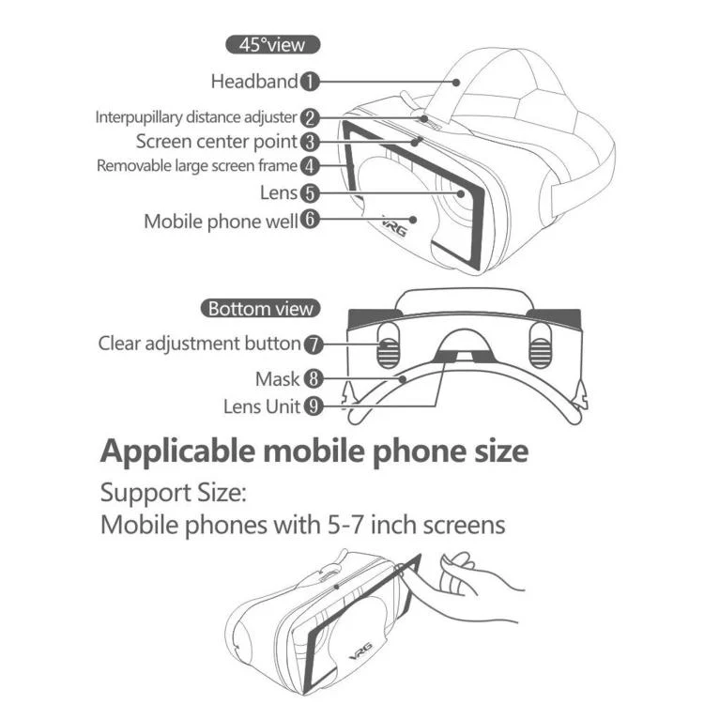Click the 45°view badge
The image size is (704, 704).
(x=272, y=44)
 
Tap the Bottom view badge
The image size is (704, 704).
(x=260, y=309)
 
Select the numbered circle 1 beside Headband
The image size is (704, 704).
(x=310, y=82)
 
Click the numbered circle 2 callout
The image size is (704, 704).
(x=310, y=118)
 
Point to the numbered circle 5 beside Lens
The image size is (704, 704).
(x=310, y=193)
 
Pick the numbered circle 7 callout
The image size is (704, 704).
(x=314, y=344)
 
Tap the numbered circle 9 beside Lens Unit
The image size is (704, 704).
(x=314, y=406)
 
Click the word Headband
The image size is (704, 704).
(x=254, y=82)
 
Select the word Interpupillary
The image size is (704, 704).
(x=139, y=117)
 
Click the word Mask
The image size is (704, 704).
(x=277, y=379)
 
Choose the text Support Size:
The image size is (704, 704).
(x=174, y=493)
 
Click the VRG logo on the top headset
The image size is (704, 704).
(x=395, y=225)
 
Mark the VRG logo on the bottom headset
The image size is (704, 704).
(x=361, y=651)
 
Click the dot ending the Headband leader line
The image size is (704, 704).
(x=456, y=83)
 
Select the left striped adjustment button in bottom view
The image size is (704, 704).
(x=389, y=345)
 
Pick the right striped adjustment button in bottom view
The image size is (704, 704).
(x=540, y=345)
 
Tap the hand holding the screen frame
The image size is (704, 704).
(x=471, y=584)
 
